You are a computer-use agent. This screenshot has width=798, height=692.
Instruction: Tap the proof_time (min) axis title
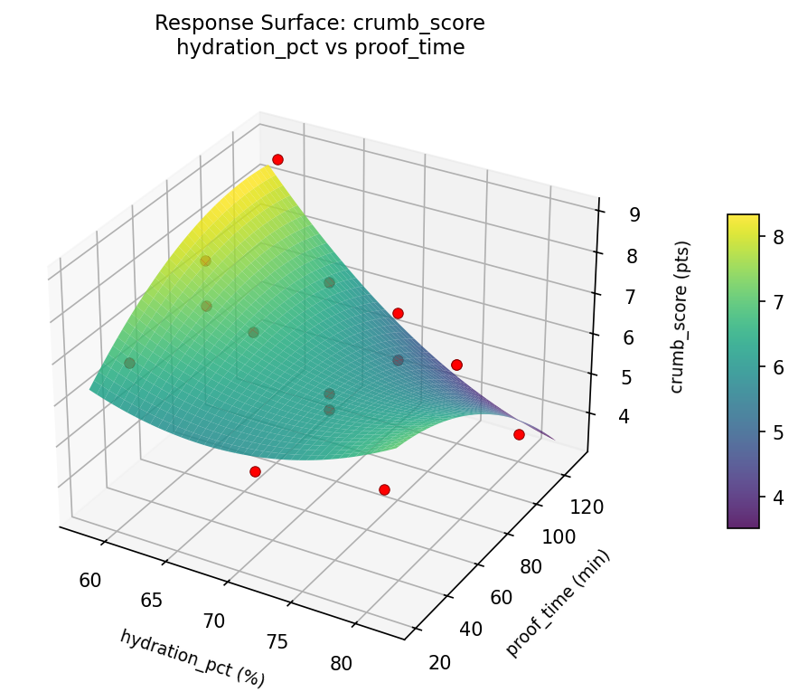click(559, 603)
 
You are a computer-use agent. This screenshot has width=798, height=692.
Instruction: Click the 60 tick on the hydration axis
click(90, 580)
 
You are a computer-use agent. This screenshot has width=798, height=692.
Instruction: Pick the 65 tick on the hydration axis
click(152, 601)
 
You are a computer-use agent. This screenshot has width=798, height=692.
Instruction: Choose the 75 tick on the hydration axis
click(277, 641)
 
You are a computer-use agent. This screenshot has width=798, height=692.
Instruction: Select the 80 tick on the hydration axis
click(342, 663)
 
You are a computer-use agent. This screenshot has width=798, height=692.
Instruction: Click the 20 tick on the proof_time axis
click(440, 662)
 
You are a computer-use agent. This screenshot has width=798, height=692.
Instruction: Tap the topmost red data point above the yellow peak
click(277, 159)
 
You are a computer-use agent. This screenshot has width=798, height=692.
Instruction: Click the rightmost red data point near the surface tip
click(519, 434)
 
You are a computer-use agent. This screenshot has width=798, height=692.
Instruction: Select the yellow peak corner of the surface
click(268, 166)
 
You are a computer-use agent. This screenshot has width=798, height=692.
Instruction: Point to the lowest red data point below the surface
click(384, 489)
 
